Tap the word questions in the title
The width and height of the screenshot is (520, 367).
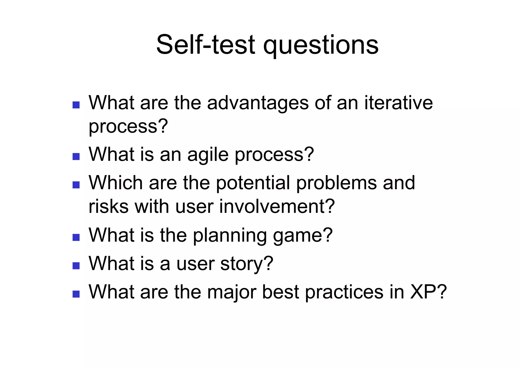(x=321, y=46)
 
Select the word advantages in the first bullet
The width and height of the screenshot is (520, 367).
(x=258, y=103)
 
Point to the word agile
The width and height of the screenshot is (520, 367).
(x=208, y=155)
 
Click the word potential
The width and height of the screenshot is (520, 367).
(x=253, y=183)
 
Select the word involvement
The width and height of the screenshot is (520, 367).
(x=273, y=206)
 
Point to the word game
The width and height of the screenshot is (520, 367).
(x=298, y=236)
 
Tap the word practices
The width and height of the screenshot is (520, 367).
(x=344, y=292)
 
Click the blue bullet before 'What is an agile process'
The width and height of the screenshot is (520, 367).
(x=76, y=156)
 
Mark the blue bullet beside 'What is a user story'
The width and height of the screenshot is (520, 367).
(x=76, y=266)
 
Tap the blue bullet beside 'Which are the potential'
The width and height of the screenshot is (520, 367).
(x=76, y=185)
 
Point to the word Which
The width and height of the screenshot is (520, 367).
(x=116, y=183)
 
